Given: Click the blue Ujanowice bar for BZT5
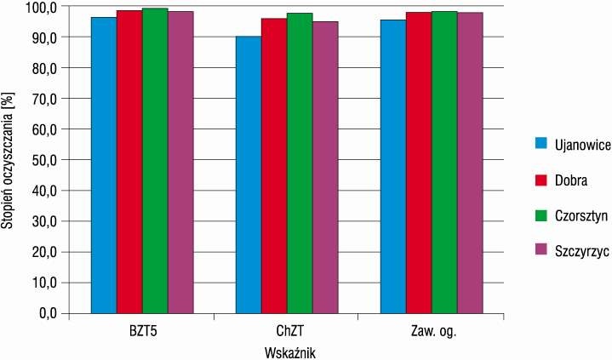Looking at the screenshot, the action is (x=104, y=165).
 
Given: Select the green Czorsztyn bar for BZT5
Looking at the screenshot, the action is (x=155, y=161).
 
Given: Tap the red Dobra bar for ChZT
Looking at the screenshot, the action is (x=274, y=166).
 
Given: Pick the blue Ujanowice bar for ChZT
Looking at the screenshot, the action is (x=249, y=175).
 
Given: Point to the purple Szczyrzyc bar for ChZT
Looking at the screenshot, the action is (x=325, y=168).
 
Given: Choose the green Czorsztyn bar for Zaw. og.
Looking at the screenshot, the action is (x=444, y=163).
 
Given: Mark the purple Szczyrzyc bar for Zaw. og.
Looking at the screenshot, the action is (x=471, y=163).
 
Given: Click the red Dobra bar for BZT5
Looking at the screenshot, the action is (x=129, y=162).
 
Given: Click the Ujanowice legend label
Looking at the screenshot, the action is (x=583, y=145).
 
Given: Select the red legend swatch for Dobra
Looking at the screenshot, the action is (x=541, y=180).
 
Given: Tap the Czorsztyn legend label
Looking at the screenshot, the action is (x=581, y=216).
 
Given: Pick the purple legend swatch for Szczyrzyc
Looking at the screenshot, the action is (x=541, y=250).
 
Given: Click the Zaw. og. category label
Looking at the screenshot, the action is (x=433, y=332).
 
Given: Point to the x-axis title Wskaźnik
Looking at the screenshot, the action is (x=290, y=353).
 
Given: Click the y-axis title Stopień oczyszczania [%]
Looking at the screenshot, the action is (x=8, y=160).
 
